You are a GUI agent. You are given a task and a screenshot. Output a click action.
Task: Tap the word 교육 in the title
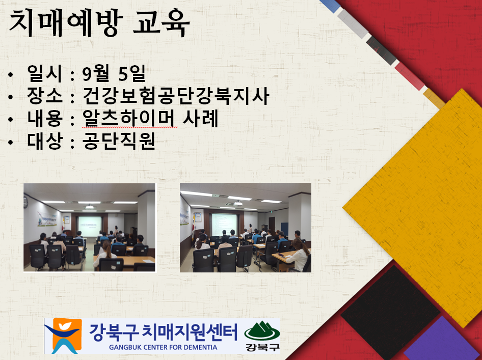pyautogui.click(x=162, y=23)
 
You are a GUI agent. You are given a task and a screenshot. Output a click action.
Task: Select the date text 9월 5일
pyautogui.click(x=114, y=74)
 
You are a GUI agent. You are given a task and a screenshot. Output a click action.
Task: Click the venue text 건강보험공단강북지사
pyautogui.click(x=176, y=96)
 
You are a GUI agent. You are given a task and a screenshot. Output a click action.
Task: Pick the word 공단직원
pyautogui.click(x=118, y=141)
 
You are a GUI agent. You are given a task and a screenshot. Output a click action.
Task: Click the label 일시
pyautogui.click(x=45, y=74)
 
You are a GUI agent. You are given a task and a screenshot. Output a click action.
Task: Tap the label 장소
pyautogui.click(x=45, y=96)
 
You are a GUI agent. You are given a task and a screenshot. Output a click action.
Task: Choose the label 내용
pyautogui.click(x=45, y=119)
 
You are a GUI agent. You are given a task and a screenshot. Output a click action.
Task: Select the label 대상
pyautogui.click(x=45, y=141)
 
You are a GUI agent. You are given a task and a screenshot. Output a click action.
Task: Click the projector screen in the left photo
pyautogui.click(x=90, y=226)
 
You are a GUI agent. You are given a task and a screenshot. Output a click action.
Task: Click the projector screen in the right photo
pyautogui.click(x=224, y=225)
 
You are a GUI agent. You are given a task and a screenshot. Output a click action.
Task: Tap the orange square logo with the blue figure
pyautogui.click(x=63, y=336)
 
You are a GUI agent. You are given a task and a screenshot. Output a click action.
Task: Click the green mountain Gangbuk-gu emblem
pyautogui.click(x=262, y=331)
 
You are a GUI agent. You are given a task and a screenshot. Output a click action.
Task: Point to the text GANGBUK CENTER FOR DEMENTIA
pyautogui.click(x=163, y=347)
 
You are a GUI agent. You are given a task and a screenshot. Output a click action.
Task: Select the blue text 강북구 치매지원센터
pyautogui.click(x=164, y=332)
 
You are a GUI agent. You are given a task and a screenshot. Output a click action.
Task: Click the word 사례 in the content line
pyautogui.click(x=201, y=119)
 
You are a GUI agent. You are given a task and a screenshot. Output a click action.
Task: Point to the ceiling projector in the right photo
pyautogui.click(x=238, y=203)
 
